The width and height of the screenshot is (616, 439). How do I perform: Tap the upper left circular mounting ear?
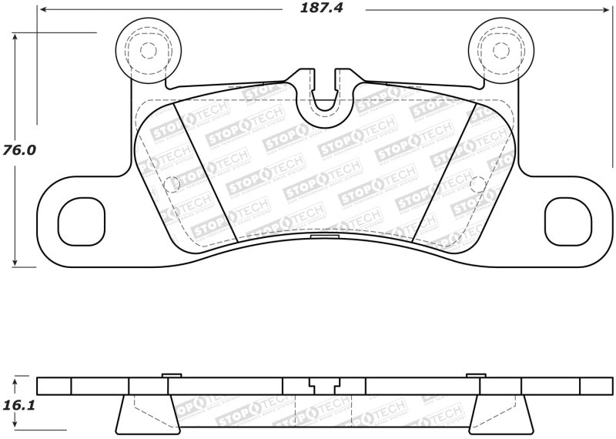pos(147,49)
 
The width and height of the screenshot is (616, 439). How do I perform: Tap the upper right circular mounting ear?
pos(500,49)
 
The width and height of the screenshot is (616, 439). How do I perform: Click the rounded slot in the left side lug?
pos(82,219)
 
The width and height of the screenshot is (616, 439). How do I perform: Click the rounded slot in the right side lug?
pos(566,219)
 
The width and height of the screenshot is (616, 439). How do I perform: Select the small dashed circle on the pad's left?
pos(172,183)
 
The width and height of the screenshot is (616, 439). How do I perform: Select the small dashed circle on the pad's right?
pos(477,183)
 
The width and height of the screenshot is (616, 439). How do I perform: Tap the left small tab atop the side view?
pos(172,375)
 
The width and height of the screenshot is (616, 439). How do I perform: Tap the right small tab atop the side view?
pos(476,375)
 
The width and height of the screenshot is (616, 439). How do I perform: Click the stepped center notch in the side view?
pos(324,384)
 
